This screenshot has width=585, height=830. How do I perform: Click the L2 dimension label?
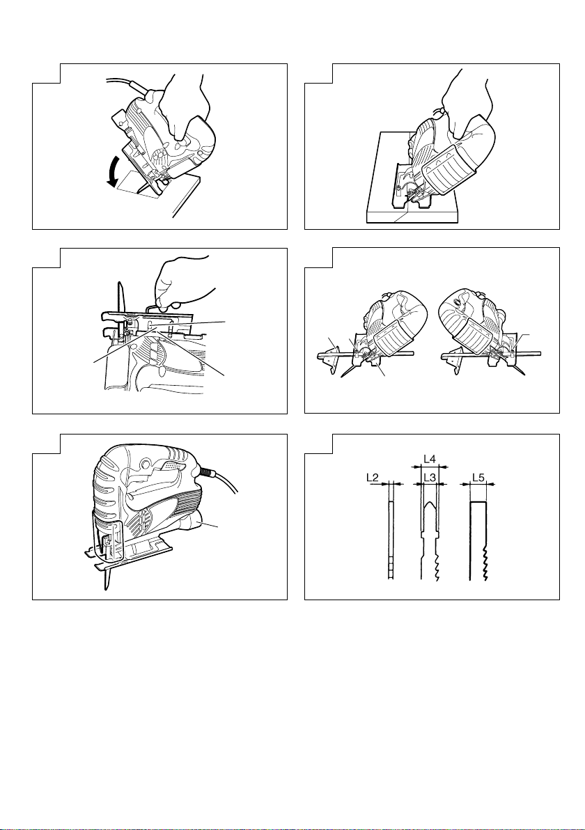(373, 478)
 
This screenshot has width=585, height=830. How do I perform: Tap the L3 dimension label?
(430, 478)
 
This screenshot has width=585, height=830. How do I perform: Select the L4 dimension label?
(430, 460)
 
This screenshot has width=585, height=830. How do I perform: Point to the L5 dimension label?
(478, 478)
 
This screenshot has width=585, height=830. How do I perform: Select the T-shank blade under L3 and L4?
(429, 536)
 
